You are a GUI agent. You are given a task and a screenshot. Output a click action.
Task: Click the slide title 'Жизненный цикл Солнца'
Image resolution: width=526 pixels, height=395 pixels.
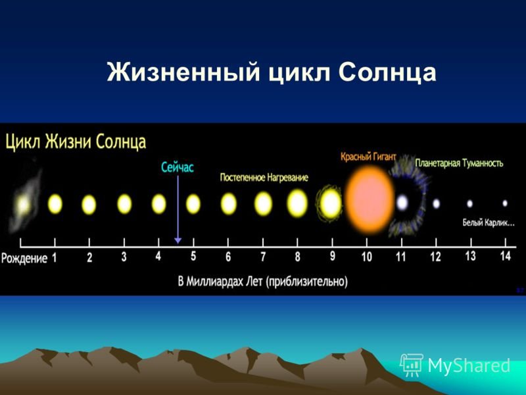click(272, 72)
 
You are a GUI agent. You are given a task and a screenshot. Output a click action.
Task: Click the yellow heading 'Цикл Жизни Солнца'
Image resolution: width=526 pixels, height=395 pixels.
click(76, 142)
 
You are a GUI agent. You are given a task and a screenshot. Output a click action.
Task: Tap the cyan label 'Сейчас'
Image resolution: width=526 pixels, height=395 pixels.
click(178, 167)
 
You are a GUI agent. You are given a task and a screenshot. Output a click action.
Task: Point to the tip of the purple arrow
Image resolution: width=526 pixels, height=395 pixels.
click(178, 242)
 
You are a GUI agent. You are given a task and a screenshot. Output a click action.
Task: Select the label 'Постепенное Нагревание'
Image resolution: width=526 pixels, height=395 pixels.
click(264, 177)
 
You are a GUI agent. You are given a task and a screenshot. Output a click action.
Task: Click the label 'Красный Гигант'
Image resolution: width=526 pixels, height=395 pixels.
click(368, 157)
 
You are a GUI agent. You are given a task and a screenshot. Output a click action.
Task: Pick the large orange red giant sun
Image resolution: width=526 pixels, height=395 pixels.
click(369, 200)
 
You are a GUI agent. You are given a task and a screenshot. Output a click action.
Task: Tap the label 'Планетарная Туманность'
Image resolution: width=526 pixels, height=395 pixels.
click(459, 163)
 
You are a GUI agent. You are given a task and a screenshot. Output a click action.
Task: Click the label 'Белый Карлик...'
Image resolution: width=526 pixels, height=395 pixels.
click(489, 223)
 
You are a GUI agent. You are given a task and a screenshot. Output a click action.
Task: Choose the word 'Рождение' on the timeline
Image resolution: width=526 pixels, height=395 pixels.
click(24, 258)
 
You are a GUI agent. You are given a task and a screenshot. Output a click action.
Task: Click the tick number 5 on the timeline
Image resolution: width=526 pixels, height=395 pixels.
click(193, 256)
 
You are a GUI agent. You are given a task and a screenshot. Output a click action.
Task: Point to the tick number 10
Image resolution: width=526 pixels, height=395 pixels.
click(367, 257)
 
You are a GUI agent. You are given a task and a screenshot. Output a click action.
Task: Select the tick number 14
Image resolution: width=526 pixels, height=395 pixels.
click(505, 256)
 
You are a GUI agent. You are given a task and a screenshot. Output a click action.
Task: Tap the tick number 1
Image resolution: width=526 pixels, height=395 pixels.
click(55, 257)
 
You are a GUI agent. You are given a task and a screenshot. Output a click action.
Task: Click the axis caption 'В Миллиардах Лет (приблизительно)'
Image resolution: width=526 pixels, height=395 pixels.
click(262, 281)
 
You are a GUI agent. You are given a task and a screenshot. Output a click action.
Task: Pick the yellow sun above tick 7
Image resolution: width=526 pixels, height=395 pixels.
click(263, 203)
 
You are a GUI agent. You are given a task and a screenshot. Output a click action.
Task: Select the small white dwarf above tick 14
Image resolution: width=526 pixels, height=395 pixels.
click(505, 203)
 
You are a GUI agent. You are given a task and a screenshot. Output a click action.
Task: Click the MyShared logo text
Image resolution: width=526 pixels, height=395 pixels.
click(469, 365)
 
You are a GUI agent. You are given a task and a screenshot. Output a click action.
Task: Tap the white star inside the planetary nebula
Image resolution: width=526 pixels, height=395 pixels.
click(402, 203)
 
